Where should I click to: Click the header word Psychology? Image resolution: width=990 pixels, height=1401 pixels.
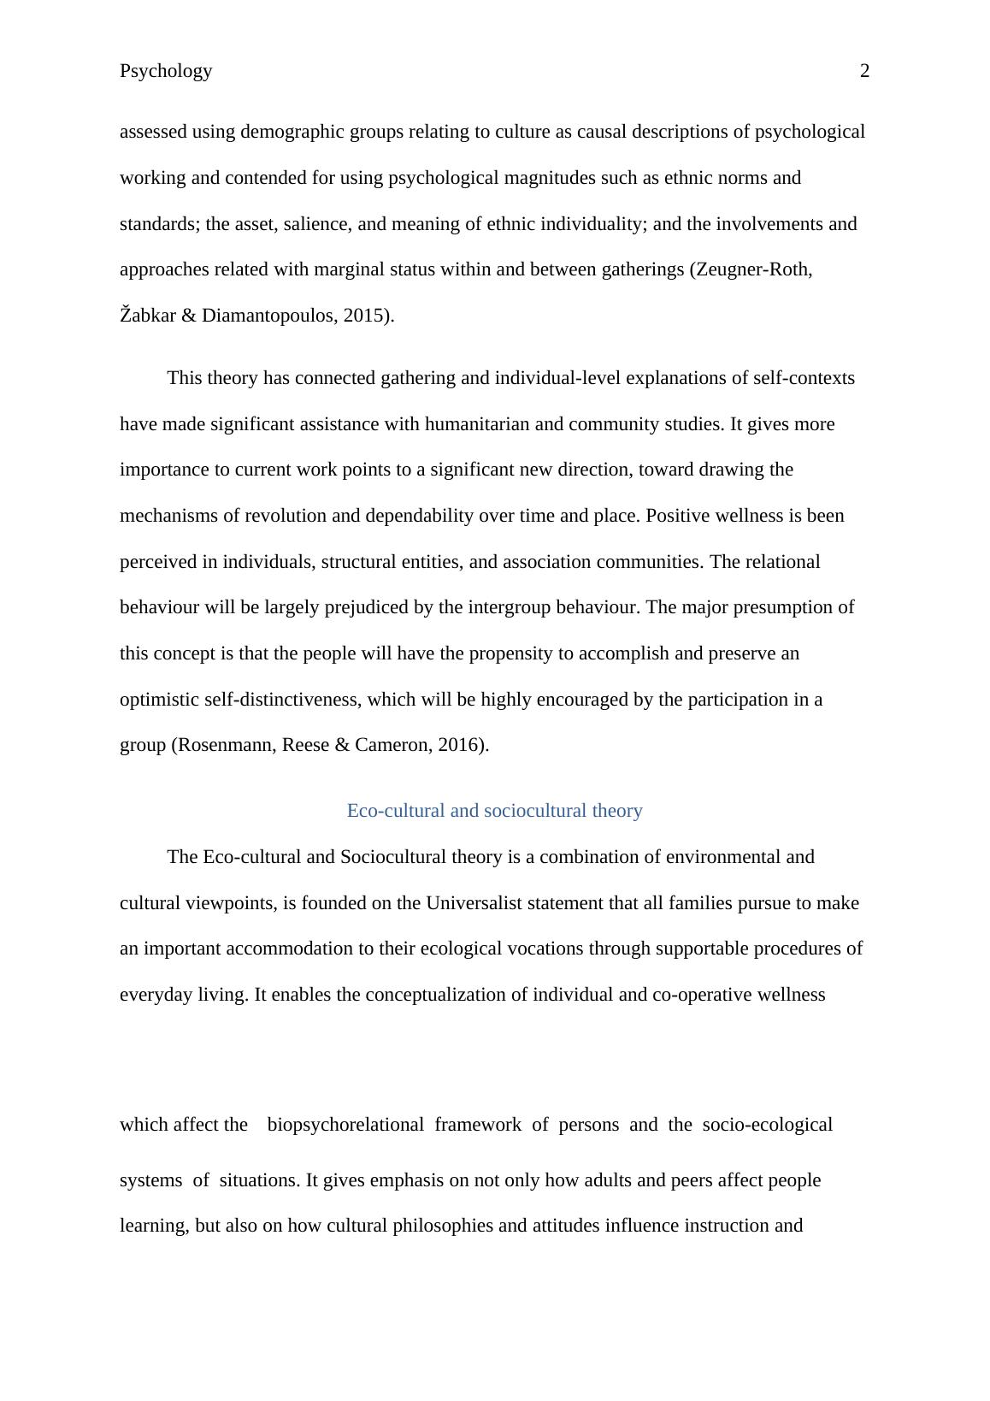166,71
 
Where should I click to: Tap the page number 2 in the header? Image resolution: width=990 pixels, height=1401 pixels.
864,71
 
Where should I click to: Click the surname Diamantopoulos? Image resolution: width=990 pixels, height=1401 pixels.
268,316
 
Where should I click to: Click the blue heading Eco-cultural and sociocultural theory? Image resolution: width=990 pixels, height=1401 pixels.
494,811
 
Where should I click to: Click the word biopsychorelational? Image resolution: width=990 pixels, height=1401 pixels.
345,1125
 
